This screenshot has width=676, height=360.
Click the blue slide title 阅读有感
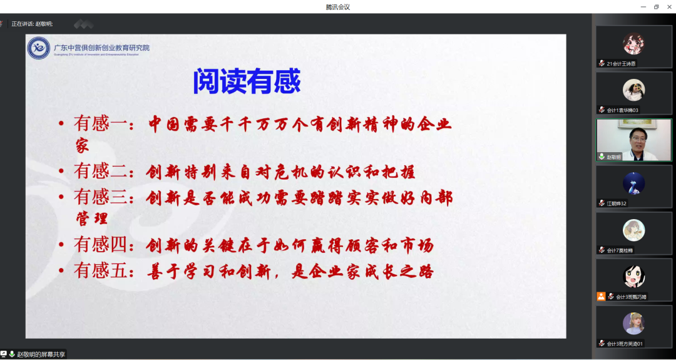click(x=247, y=81)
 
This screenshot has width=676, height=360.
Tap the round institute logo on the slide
click(x=39, y=48)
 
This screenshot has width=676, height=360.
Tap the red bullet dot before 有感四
click(x=61, y=245)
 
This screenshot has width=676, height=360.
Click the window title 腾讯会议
click(x=338, y=7)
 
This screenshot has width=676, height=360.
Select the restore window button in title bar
click(x=656, y=7)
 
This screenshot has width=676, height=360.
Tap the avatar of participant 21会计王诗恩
click(x=633, y=44)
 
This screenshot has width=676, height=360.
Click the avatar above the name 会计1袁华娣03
click(x=633, y=90)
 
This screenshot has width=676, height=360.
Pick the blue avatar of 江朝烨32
click(x=633, y=183)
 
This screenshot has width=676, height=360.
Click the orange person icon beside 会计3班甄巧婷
click(x=602, y=296)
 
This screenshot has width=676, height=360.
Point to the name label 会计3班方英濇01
click(x=625, y=343)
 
